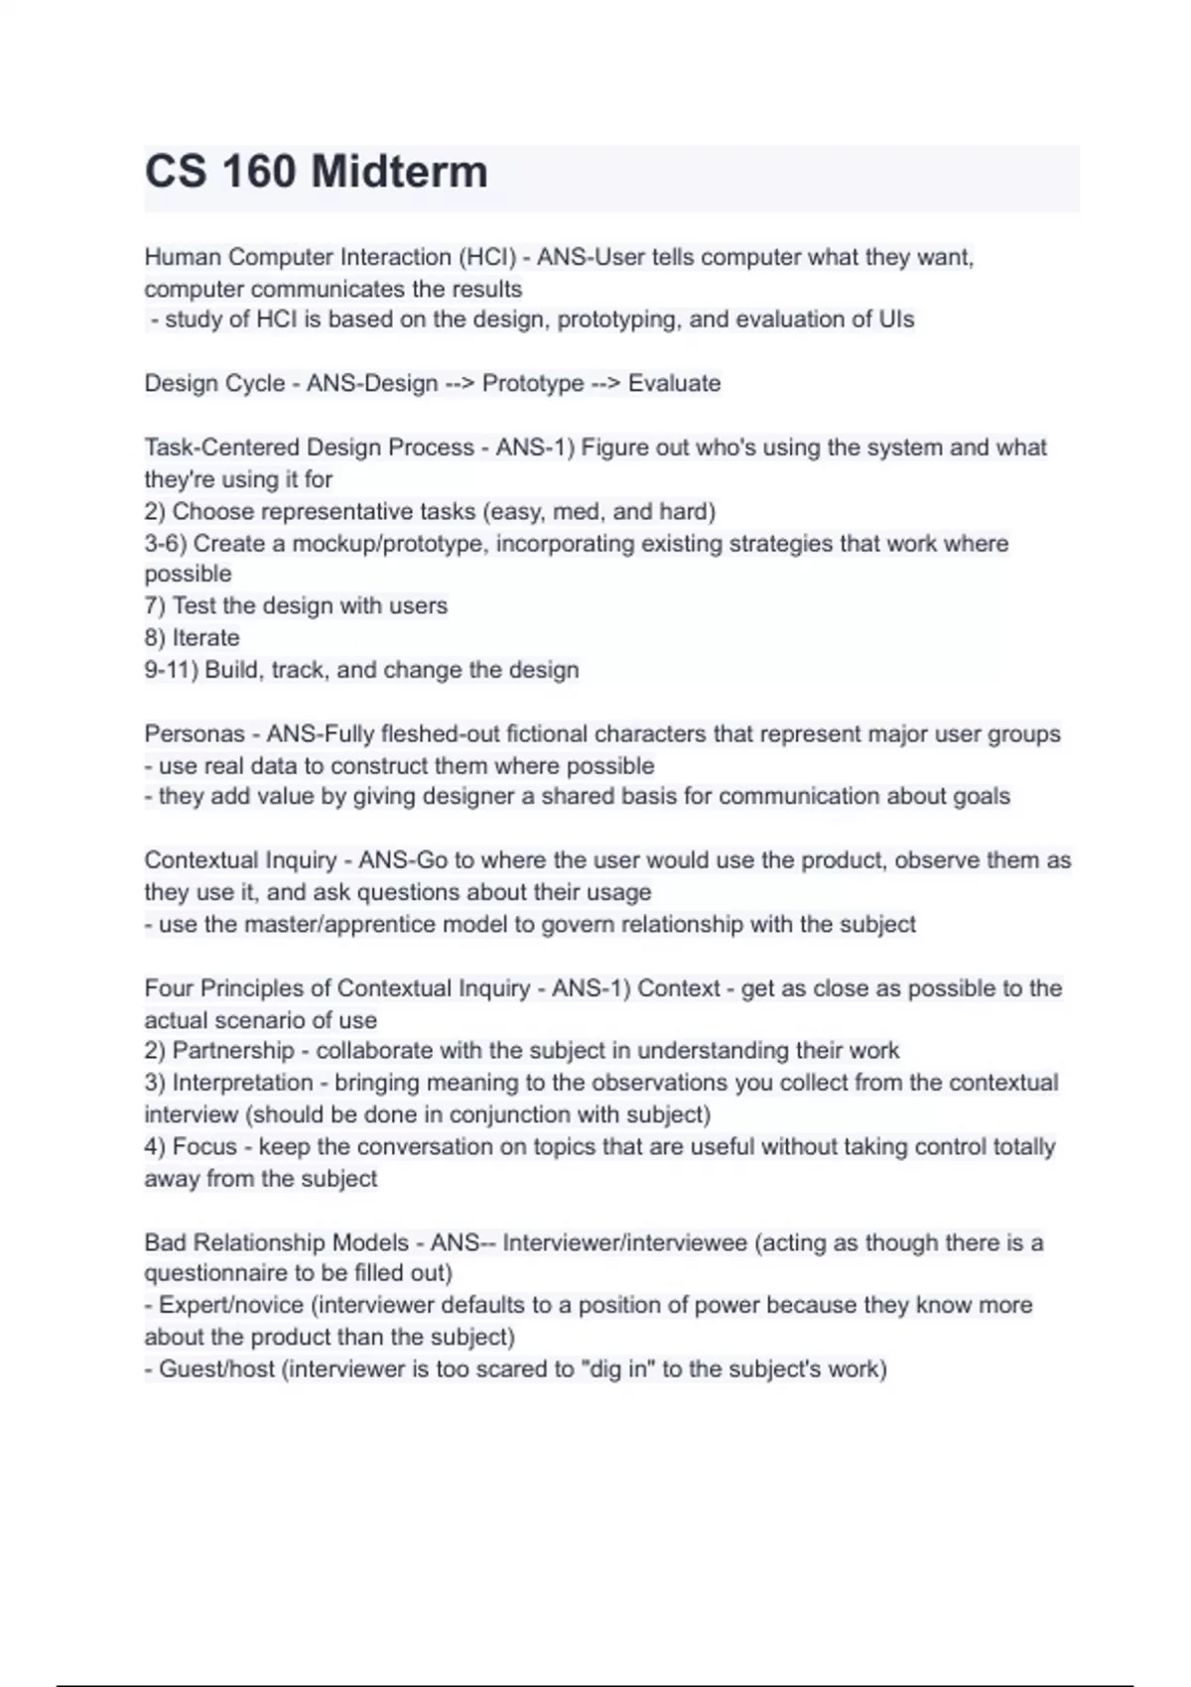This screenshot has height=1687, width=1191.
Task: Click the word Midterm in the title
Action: click(x=399, y=172)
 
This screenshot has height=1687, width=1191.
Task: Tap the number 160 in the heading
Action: click(x=259, y=172)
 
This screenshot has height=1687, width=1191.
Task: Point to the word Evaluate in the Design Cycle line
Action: click(x=674, y=383)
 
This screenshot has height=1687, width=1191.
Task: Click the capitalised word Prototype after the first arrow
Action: click(x=532, y=383)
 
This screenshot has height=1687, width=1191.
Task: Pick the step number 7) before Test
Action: click(x=155, y=605)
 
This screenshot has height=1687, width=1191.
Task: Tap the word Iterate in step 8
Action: click(x=206, y=637)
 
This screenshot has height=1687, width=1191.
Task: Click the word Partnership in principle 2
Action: click(x=233, y=1051)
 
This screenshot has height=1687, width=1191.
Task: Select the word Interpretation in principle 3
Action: click(x=243, y=1083)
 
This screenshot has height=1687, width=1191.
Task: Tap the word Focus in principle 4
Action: click(x=204, y=1147)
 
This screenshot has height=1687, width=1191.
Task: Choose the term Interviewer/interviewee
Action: click(x=624, y=1242)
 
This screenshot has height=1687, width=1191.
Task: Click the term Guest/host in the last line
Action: click(x=217, y=1369)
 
